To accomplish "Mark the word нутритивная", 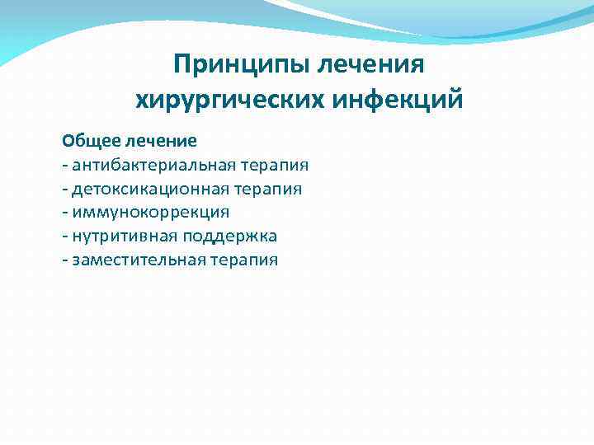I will click(115, 237).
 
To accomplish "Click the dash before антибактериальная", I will click(64, 166).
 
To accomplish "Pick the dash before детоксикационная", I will click(64, 190).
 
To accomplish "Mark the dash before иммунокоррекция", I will click(64, 213).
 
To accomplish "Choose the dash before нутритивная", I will click(64, 237).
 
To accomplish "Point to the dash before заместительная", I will click(64, 261).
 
